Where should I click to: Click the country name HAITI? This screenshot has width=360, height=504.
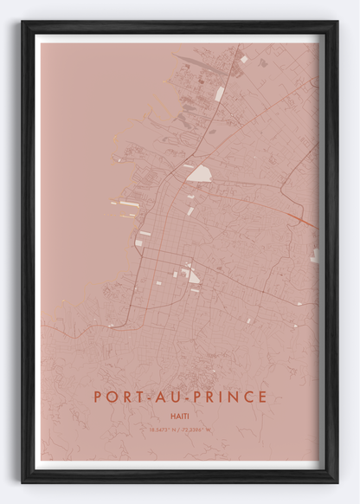coord(180,417)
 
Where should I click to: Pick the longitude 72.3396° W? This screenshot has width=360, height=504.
coord(197,430)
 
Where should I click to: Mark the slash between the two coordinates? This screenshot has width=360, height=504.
coord(178,430)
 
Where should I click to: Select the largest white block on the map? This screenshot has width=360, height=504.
coord(199,173)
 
